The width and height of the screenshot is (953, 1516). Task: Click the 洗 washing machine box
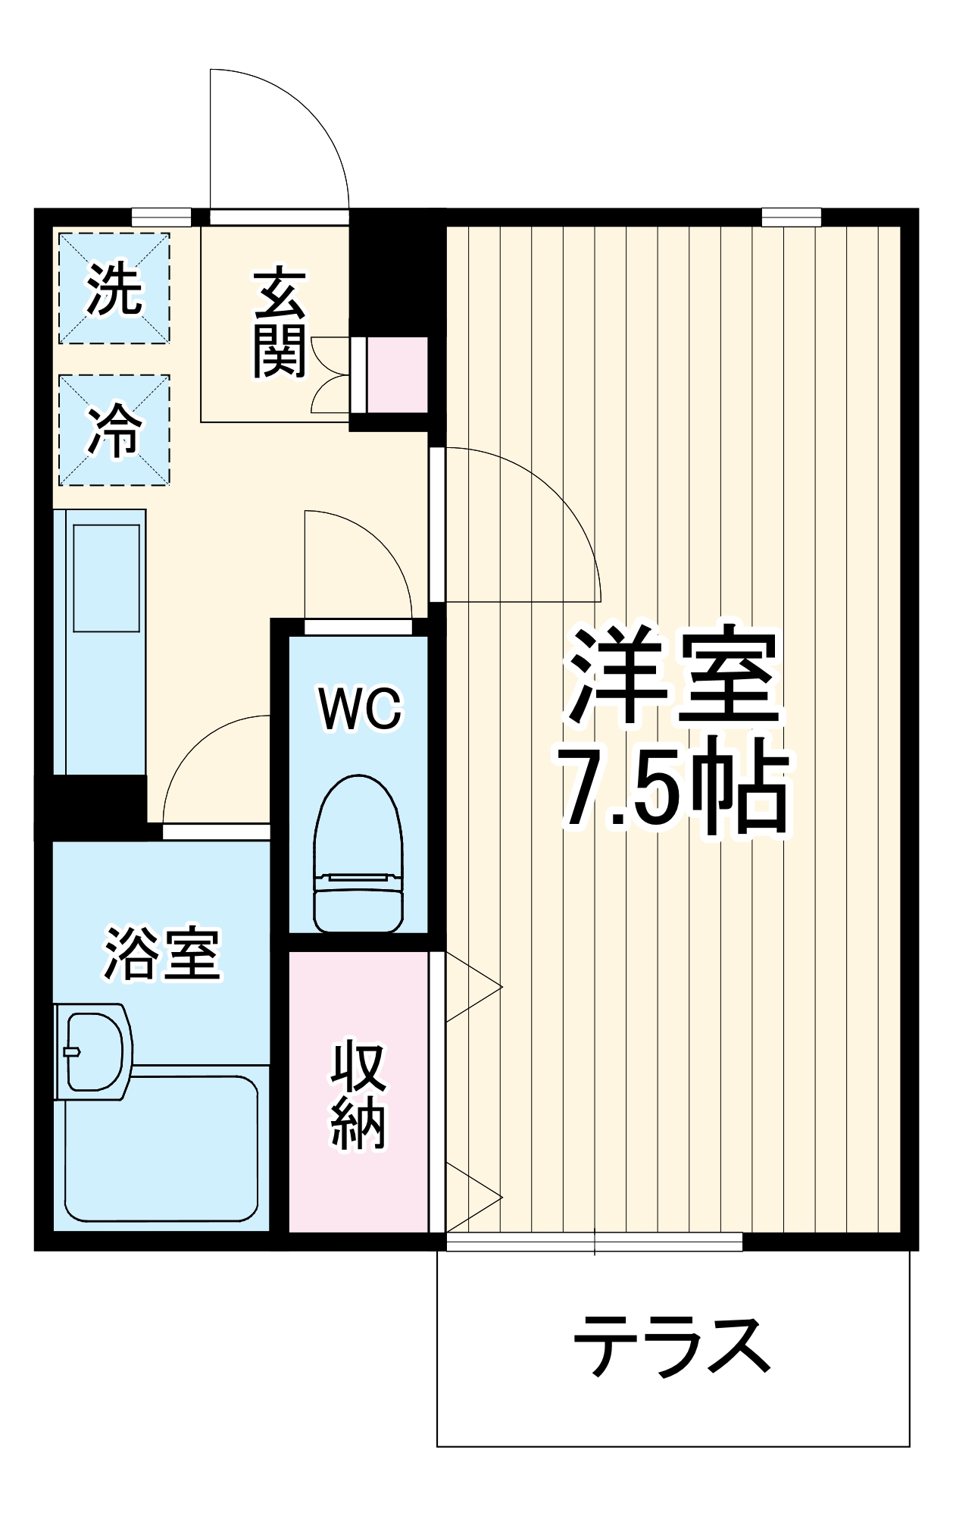tap(114, 288)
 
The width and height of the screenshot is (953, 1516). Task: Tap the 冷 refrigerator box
tap(114, 430)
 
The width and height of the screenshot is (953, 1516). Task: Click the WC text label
tap(359, 709)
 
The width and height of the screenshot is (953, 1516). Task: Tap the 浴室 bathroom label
tap(161, 954)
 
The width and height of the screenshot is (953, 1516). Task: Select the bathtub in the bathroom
tap(161, 1148)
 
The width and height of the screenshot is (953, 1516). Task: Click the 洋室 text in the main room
tap(673, 675)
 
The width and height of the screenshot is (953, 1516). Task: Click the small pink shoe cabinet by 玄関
tap(396, 374)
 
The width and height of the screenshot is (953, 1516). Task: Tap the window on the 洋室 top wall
tap(791, 218)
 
